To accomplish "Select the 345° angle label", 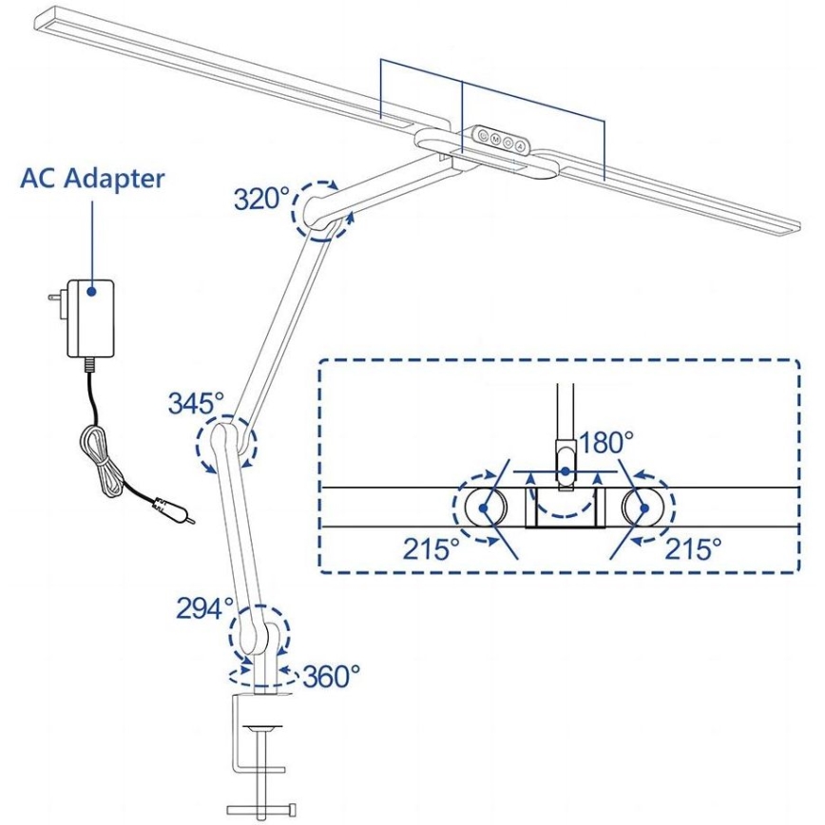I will click(x=196, y=403).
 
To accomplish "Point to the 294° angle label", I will click(x=203, y=607).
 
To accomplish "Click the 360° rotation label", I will click(x=332, y=677).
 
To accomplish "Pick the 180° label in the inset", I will click(x=607, y=442).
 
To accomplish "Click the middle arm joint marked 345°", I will click(x=226, y=444).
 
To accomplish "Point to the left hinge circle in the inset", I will click(x=484, y=508).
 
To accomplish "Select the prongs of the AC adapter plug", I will click(x=53, y=297).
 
